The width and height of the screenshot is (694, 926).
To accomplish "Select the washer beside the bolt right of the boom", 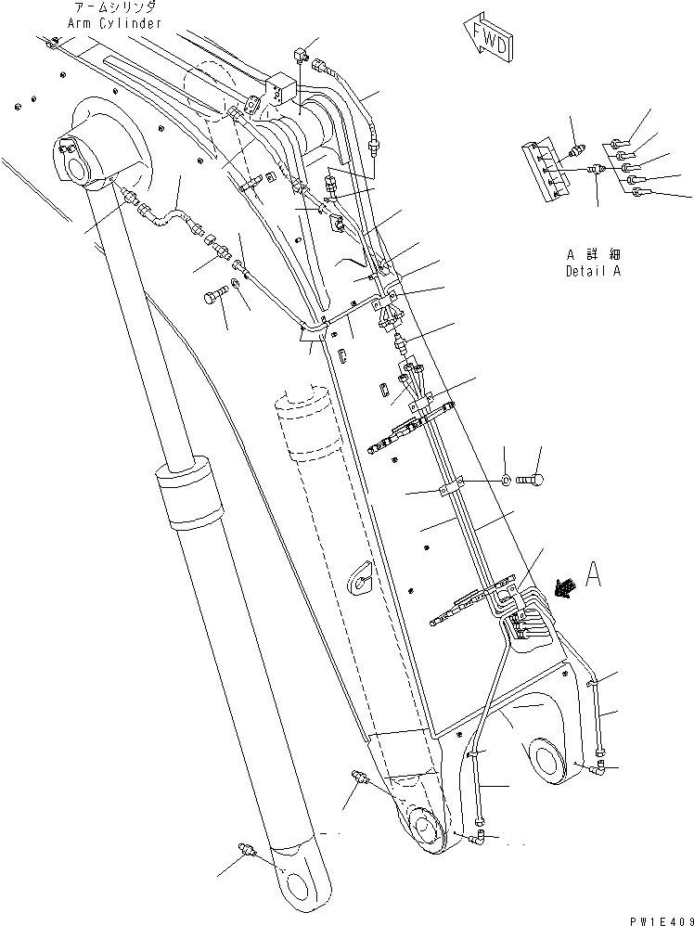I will tap(505, 480).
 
